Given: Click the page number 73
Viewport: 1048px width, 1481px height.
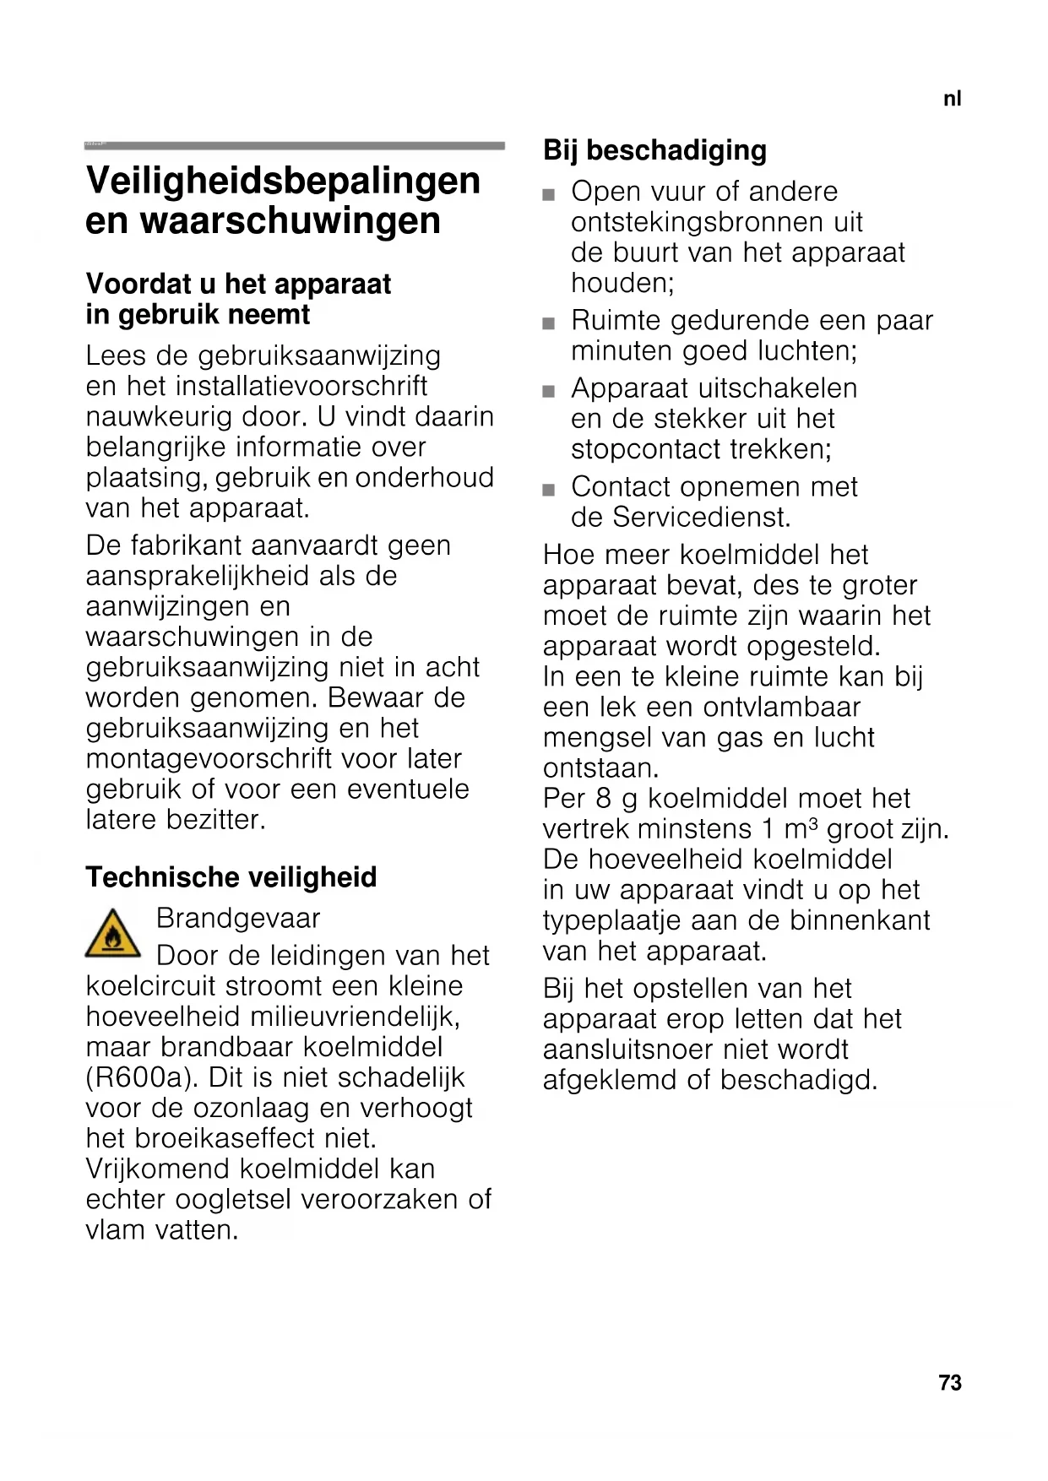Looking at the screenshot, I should (x=950, y=1382).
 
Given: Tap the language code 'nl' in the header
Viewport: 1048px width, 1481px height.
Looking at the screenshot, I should (x=952, y=99).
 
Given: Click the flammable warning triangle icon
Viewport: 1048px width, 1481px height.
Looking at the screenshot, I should (x=113, y=934).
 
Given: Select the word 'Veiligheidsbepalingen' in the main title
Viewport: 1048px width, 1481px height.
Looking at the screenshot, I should (x=283, y=181).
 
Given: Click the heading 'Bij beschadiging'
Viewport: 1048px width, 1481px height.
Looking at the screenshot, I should (x=654, y=150).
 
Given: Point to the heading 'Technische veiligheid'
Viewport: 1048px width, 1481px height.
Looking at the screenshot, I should (x=231, y=877).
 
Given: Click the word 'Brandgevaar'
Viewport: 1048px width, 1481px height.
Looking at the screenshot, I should (x=238, y=918).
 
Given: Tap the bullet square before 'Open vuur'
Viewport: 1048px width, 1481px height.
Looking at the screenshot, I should (x=549, y=195).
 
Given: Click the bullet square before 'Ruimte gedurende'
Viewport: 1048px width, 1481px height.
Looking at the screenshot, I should (x=549, y=323).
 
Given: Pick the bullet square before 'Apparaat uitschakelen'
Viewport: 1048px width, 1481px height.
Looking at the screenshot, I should (x=549, y=392).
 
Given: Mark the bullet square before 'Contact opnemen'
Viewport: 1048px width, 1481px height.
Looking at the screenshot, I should (x=549, y=490).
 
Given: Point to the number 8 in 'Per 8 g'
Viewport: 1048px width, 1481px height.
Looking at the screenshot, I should (x=602, y=798).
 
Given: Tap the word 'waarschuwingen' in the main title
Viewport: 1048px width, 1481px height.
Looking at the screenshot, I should (x=290, y=221).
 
